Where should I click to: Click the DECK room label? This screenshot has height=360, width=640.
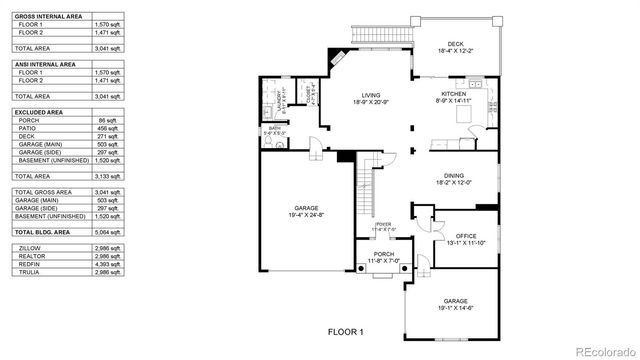coord(455,44)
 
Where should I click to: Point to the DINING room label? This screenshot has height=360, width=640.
coord(454,175)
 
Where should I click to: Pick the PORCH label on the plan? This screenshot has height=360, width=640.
coord(384,254)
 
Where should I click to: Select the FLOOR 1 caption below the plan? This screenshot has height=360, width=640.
coord(346,331)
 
